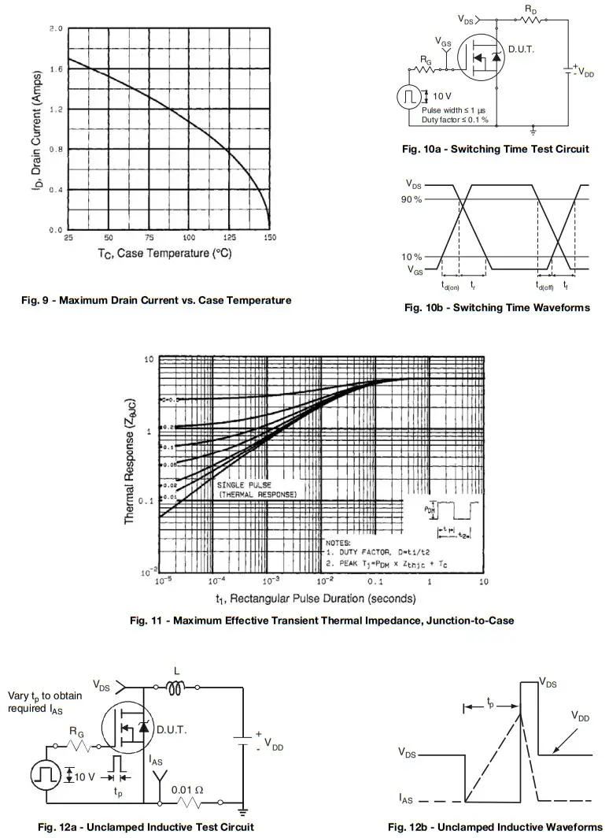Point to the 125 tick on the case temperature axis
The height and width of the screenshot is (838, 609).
pyautogui.click(x=229, y=238)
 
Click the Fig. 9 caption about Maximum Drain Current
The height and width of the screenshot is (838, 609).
pyautogui.click(x=156, y=300)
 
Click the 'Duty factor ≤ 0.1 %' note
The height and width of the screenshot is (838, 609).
pyautogui.click(x=455, y=120)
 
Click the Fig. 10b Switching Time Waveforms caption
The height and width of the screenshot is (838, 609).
pyautogui.click(x=496, y=308)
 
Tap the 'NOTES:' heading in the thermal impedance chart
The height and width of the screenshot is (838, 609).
pyautogui.click(x=340, y=543)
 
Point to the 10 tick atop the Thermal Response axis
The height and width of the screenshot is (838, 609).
pyautogui.click(x=148, y=359)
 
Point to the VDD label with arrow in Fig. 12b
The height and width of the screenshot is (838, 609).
pyautogui.click(x=581, y=717)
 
